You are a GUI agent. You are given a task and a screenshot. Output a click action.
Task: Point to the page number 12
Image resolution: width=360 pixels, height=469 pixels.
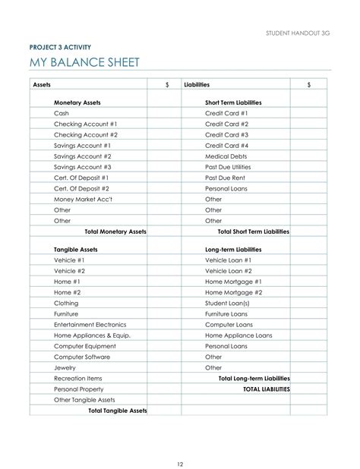(x=180, y=443)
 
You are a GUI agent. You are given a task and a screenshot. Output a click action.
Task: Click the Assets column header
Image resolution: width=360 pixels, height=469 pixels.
(x=43, y=85)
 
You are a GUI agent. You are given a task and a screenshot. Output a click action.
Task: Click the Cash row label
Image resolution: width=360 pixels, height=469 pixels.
(x=62, y=112)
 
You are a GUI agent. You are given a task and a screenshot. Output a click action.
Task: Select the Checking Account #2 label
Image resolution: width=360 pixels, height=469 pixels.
(x=86, y=134)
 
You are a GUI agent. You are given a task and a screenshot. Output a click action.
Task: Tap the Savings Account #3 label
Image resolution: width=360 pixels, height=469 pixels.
(x=83, y=166)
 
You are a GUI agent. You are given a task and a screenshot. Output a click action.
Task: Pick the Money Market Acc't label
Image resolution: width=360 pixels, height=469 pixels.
(x=83, y=199)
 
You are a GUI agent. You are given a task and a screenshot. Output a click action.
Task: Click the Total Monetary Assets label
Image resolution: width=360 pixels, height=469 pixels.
(x=115, y=231)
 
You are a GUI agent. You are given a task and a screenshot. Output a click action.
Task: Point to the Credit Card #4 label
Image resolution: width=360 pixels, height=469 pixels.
(x=227, y=145)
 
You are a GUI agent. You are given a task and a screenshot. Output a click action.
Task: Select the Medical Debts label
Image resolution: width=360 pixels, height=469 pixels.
(x=226, y=156)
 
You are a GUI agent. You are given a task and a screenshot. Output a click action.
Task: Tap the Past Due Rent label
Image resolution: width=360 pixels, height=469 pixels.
(x=226, y=177)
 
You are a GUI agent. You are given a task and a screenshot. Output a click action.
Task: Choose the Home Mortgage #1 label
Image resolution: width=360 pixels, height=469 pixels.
(x=234, y=281)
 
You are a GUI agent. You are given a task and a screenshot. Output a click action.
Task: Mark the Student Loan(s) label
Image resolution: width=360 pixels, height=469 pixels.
(x=228, y=303)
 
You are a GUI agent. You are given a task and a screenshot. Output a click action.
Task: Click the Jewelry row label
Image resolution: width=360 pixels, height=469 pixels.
(x=65, y=367)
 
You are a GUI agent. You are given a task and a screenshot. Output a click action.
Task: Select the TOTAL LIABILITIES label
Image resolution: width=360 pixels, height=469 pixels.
(x=266, y=389)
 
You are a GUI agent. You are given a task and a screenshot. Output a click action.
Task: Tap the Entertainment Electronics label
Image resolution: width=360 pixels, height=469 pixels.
(x=94, y=324)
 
